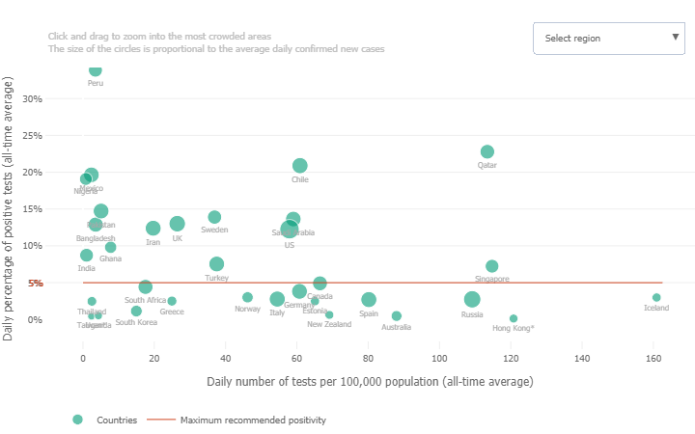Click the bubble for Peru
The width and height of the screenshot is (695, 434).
coord(95,69)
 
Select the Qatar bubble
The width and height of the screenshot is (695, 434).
coord(487,151)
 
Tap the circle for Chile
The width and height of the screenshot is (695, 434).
coord(300,166)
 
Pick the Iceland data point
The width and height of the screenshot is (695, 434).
coord(656,298)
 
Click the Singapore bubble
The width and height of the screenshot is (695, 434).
coord(492,266)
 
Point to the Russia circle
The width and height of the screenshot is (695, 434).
coord(472,300)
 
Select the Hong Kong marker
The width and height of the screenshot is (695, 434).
coord(514,318)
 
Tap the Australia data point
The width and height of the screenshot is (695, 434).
coord(396,316)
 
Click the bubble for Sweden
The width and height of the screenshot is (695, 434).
coord(214,217)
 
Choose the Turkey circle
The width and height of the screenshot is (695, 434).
coord(216,264)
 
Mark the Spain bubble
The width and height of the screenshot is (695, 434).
coord(369,300)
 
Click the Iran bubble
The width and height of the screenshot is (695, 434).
coord(153,229)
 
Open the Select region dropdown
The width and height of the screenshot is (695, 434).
coord(608,39)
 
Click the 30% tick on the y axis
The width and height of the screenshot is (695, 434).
coord(32,98)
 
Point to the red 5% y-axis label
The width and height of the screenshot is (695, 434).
coord(35,283)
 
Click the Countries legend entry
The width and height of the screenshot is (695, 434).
coord(115,420)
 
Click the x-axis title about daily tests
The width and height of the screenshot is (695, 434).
coord(370,381)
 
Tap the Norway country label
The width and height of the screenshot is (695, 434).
coord(247,310)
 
